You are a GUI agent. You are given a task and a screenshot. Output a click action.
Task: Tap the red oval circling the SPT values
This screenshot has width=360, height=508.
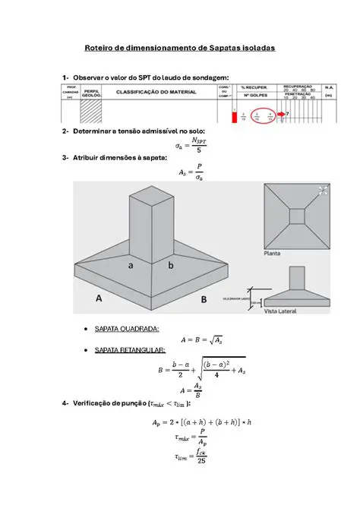[262, 115]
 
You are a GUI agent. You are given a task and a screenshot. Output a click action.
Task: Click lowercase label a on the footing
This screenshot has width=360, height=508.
[131, 266]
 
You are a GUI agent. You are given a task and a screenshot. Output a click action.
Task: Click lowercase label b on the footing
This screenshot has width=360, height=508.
[171, 266]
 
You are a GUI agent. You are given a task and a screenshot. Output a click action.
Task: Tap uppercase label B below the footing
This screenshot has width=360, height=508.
[204, 300]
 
